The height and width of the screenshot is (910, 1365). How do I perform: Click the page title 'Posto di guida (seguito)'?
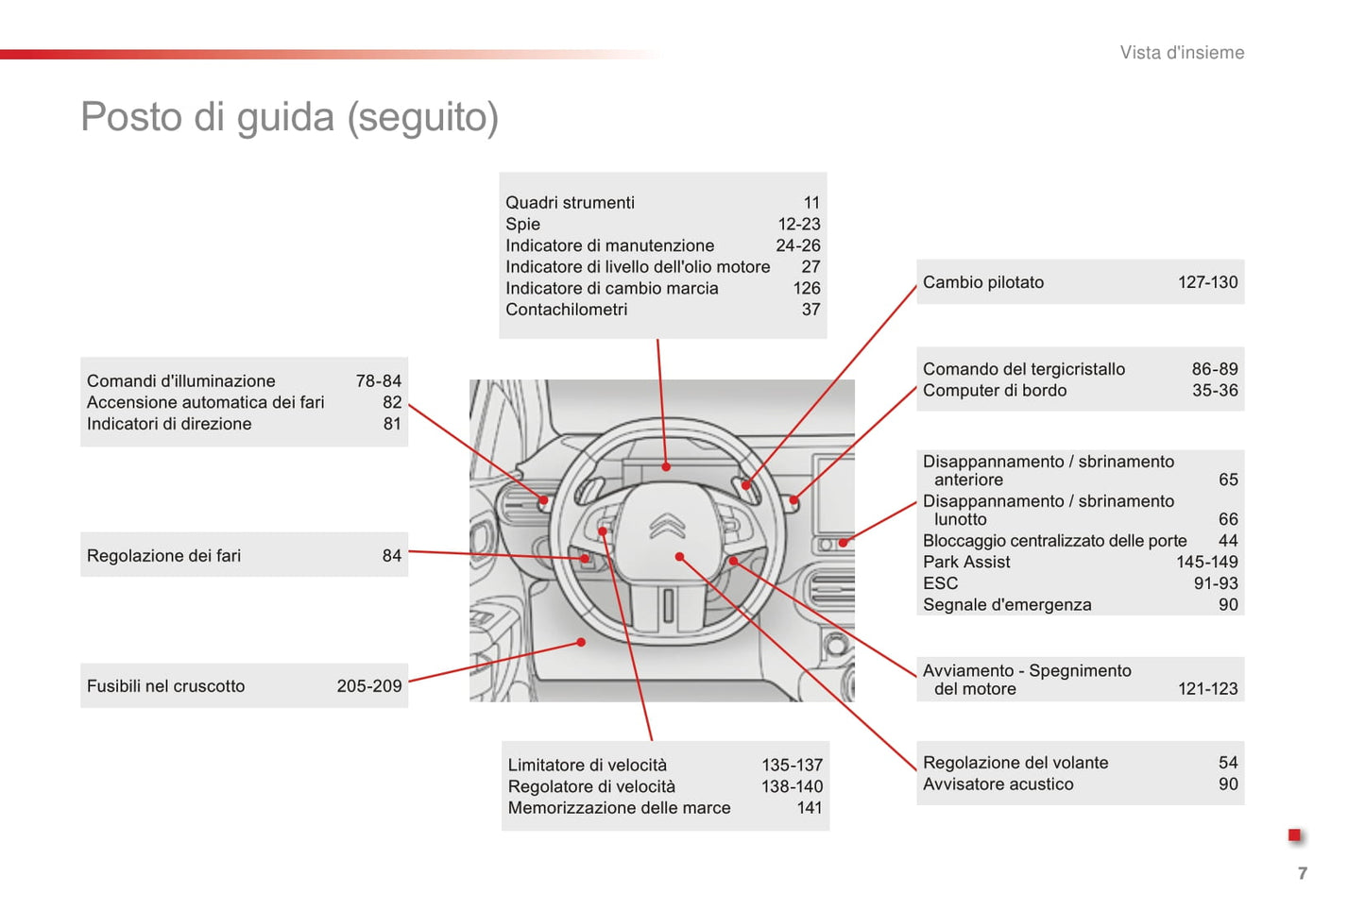pos(289,117)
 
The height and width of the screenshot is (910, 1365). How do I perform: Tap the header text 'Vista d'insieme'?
pos(1182,53)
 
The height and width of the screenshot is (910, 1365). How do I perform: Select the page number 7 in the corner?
pos(1303,873)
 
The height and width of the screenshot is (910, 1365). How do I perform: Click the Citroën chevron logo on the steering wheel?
pos(667,526)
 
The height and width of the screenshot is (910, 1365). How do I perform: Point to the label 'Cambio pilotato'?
pos(983,282)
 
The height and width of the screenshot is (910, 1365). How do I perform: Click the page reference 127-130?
pos(1207,282)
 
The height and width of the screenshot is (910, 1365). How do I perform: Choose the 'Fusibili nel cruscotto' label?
pos(165,686)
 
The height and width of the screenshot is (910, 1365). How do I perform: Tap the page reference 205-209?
pos(369,686)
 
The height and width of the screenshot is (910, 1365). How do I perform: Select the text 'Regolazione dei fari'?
pos(163,556)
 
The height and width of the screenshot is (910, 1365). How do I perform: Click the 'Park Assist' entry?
pos(966,563)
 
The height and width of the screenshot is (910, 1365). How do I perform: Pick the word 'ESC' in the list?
pos(940,583)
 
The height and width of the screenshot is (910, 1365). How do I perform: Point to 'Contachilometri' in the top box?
pos(566,310)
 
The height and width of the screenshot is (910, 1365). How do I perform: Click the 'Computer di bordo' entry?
pos(995,391)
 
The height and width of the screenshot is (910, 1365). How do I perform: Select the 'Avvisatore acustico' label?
pos(998,784)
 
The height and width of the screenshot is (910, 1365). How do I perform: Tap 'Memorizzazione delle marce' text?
pos(619,808)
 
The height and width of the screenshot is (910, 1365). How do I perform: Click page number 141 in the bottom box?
pos(810,808)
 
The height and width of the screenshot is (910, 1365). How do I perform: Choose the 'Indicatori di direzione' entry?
pos(169,424)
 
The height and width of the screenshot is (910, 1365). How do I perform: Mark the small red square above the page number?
pos(1294,835)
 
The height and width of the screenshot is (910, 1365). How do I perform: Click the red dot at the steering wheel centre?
pos(679,557)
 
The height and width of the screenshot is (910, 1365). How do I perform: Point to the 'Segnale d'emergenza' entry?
pos(1007,605)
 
